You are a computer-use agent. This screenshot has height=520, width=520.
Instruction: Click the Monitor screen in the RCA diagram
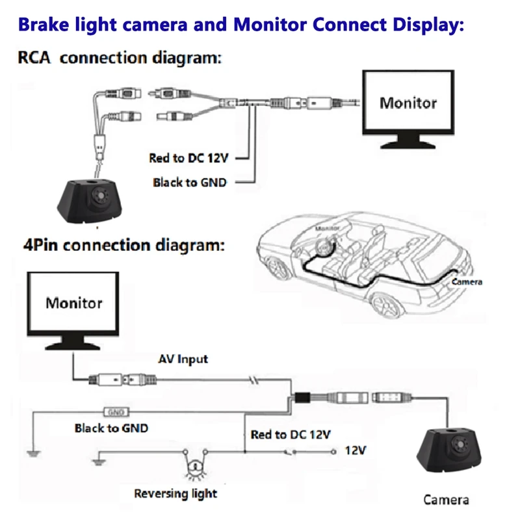(x=408, y=102)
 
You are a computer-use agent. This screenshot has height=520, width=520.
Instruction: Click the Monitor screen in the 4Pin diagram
(x=73, y=303)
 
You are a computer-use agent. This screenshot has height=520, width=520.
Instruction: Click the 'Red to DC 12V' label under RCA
(x=190, y=158)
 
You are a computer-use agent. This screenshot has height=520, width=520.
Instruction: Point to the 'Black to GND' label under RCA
(x=190, y=182)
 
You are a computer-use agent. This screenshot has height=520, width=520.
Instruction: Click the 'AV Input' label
(x=183, y=359)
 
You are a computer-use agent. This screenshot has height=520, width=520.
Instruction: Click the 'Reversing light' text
(x=175, y=493)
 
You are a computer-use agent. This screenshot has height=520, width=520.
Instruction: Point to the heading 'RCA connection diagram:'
(x=119, y=58)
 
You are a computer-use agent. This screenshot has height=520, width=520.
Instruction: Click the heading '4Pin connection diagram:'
(x=124, y=246)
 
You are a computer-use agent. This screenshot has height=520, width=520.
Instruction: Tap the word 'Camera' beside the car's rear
(x=466, y=282)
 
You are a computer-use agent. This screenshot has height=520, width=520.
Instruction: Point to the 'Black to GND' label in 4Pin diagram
(x=111, y=428)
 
